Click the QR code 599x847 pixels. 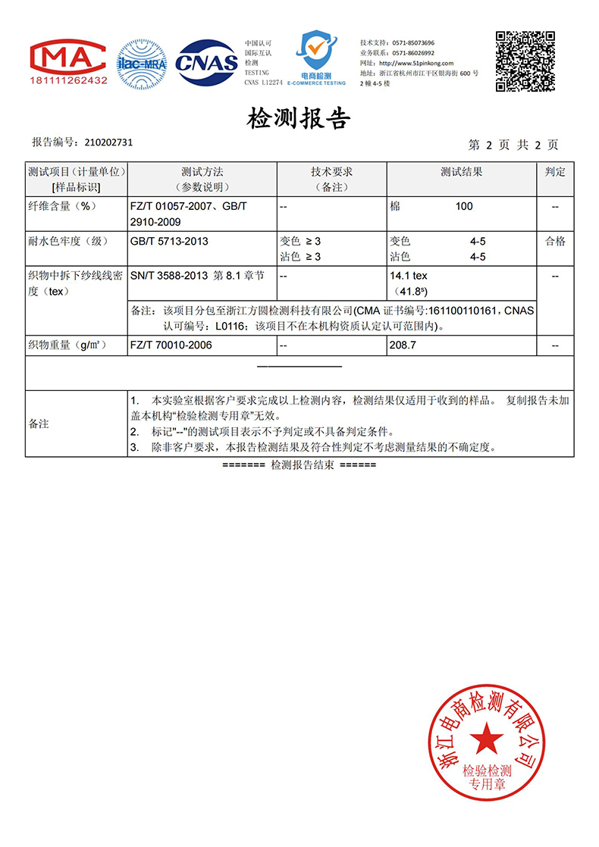(525, 61)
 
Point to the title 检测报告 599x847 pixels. (299, 119)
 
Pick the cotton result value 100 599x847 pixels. (464, 206)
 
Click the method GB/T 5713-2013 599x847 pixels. (169, 242)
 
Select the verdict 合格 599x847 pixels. (555, 242)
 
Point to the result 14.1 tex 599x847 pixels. (409, 277)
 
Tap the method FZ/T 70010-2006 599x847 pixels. (171, 345)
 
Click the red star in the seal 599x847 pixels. (486, 738)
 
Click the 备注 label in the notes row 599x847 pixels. (39, 423)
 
